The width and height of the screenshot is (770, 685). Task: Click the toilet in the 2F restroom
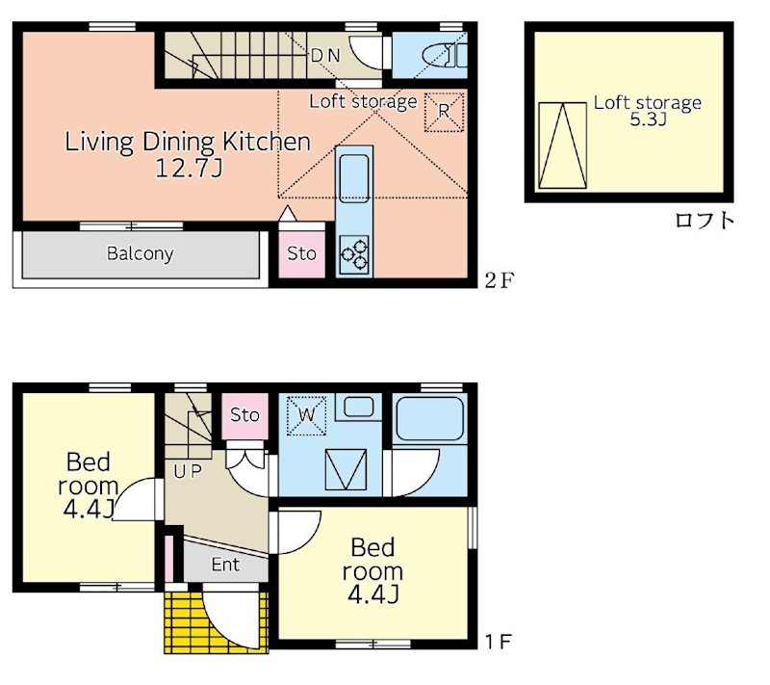point(445,55)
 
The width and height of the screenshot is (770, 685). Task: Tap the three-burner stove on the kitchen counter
point(354,254)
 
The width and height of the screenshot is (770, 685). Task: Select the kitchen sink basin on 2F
point(354,178)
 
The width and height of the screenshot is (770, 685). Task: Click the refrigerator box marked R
point(444,112)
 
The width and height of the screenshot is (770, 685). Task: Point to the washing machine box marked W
point(306,415)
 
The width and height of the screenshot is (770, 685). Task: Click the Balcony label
point(140,253)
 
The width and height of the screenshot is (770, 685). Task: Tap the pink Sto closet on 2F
point(301,253)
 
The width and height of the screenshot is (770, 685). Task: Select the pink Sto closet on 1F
point(244,415)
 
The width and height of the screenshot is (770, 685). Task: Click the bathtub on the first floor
point(429,419)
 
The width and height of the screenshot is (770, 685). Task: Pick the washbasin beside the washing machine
point(358,407)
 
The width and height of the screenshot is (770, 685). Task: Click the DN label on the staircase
point(325,56)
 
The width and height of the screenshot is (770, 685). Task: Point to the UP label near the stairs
point(187,472)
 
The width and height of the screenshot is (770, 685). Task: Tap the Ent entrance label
point(225,565)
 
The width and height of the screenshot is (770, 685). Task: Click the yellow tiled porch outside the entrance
point(216,622)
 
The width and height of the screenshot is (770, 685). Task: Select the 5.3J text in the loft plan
point(648,119)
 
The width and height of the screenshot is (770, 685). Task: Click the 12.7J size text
point(189,168)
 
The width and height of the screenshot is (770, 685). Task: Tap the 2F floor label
point(499,280)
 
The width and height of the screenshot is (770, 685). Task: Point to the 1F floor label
point(499,642)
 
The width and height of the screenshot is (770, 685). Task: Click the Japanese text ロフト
point(705,220)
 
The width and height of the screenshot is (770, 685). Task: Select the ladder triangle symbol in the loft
point(563,145)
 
